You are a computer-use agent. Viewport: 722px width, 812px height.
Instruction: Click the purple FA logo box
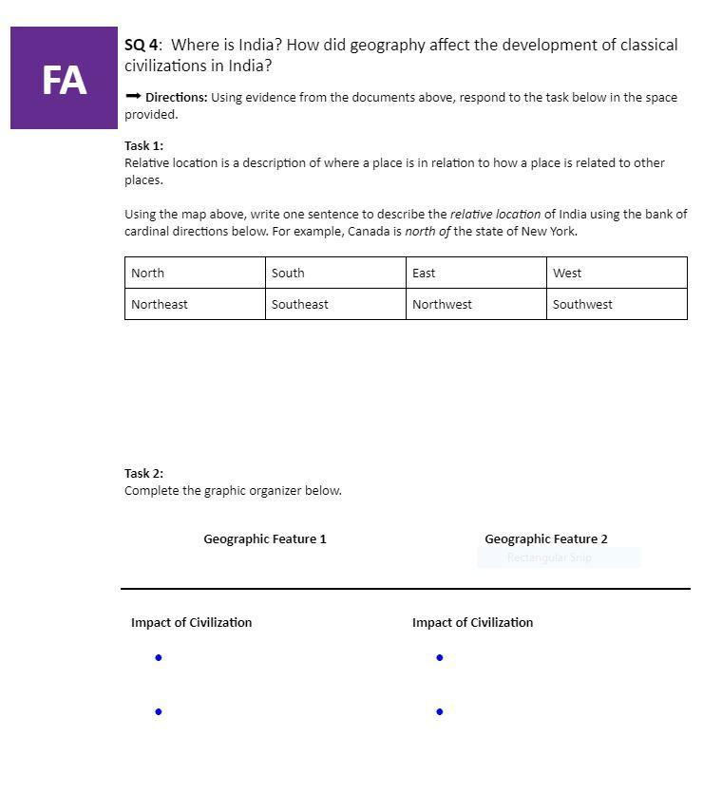[x=64, y=78]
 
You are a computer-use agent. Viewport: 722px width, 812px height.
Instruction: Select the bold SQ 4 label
[x=142, y=45]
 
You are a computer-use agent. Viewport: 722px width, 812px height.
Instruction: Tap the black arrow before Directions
[x=133, y=97]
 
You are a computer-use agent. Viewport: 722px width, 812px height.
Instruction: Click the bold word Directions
[x=177, y=97]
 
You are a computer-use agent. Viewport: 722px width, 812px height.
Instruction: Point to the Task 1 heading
[x=143, y=145]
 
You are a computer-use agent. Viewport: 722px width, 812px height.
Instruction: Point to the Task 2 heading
[x=143, y=473]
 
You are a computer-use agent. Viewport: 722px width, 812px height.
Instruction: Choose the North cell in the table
[x=195, y=273]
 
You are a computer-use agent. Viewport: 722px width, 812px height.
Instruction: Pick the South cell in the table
[x=335, y=273]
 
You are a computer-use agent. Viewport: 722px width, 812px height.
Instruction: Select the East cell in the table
[x=476, y=273]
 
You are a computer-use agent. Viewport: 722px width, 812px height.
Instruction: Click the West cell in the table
[x=617, y=273]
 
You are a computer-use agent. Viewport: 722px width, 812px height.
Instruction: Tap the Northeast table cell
[x=195, y=304]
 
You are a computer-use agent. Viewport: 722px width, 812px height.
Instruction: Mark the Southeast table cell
[x=335, y=304]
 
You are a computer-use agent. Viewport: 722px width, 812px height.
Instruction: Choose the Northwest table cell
[x=476, y=304]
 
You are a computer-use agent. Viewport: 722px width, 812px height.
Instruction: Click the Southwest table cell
[x=617, y=304]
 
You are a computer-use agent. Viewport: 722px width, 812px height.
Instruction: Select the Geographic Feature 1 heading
[x=265, y=538]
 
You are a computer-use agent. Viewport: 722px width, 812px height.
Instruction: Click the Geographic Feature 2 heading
[x=546, y=538]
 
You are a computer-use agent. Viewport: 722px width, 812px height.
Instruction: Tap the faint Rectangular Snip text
[x=549, y=557]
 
